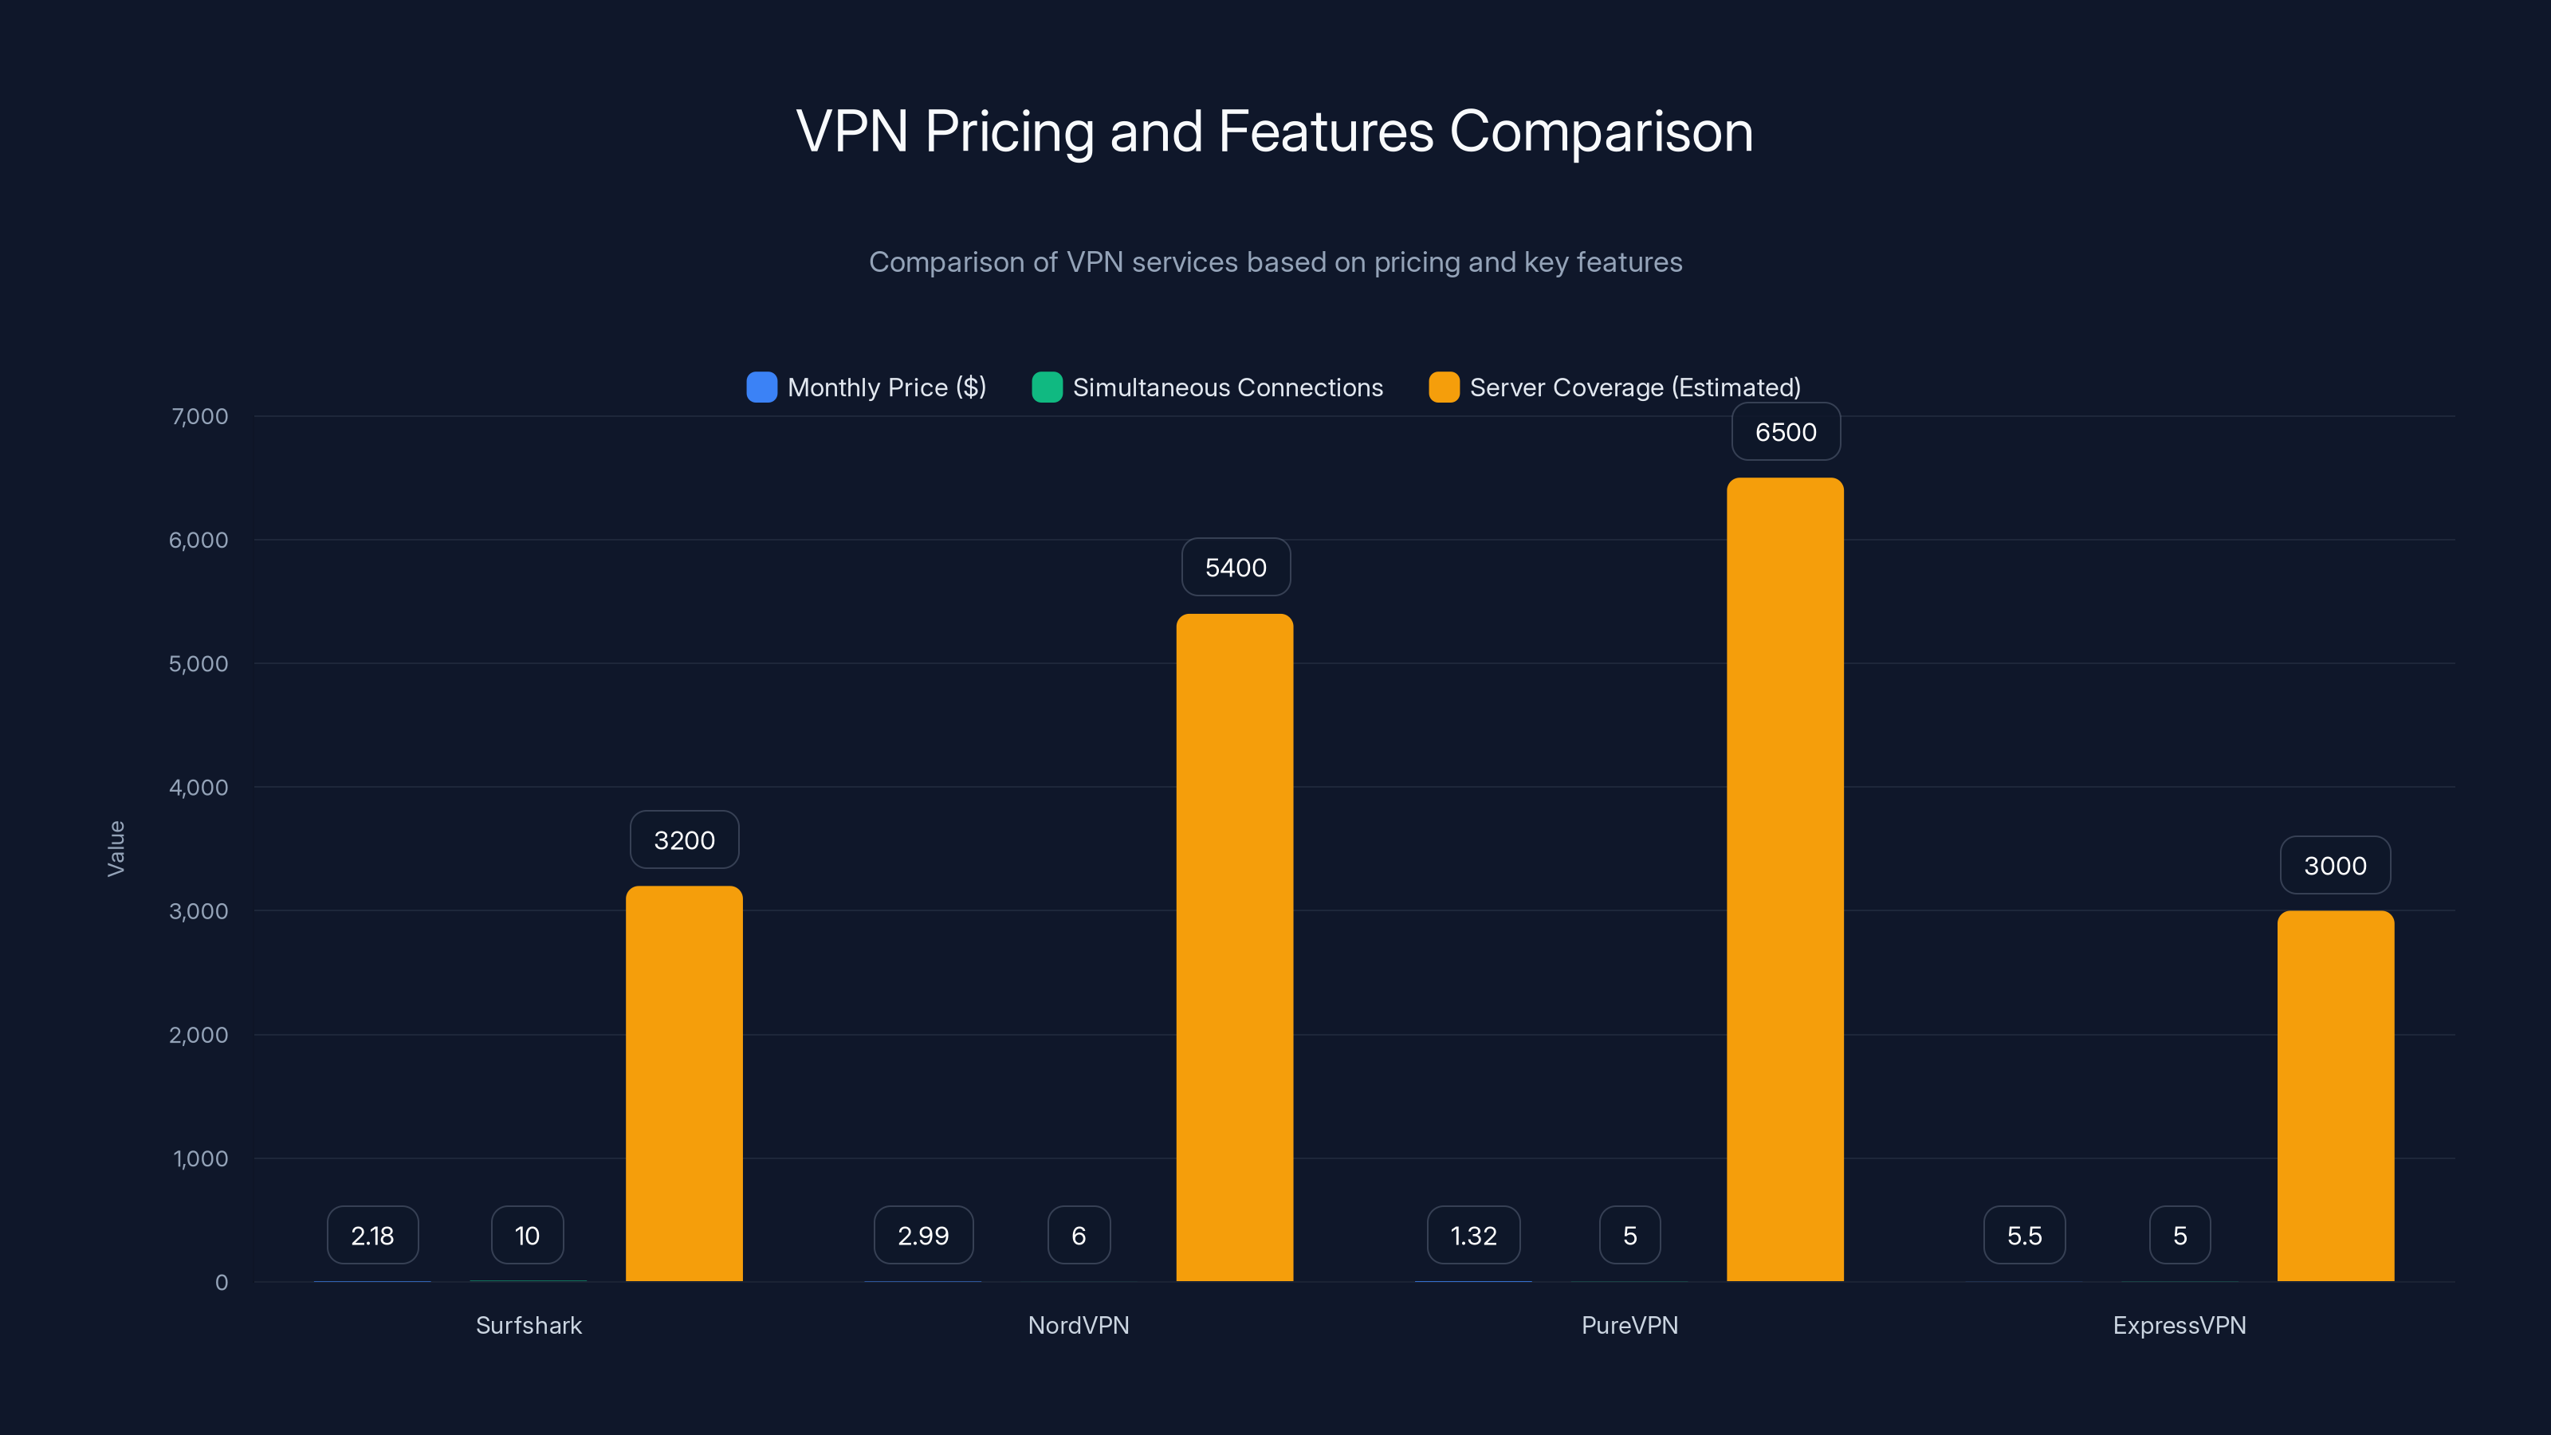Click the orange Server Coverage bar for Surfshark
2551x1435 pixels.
pos(684,1083)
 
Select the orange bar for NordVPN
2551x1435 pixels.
pos(1235,948)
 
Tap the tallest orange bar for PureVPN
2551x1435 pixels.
pos(1785,879)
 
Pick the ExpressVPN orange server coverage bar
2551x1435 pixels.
pos(2335,1096)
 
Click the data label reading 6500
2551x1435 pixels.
pos(1786,432)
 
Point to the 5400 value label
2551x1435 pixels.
pos(1235,568)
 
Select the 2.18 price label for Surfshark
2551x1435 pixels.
pos(372,1235)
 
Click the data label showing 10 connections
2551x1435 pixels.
pos(527,1235)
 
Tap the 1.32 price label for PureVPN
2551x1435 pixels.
pos(1472,1235)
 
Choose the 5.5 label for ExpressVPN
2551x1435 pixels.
pos(2024,1235)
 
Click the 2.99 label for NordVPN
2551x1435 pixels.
pos(923,1235)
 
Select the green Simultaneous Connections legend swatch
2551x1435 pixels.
pos(1047,387)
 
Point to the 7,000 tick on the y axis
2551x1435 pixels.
pos(200,416)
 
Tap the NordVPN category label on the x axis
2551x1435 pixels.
pos(1079,1325)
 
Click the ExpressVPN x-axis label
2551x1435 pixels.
pos(2179,1325)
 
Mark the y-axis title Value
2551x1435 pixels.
pos(116,847)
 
